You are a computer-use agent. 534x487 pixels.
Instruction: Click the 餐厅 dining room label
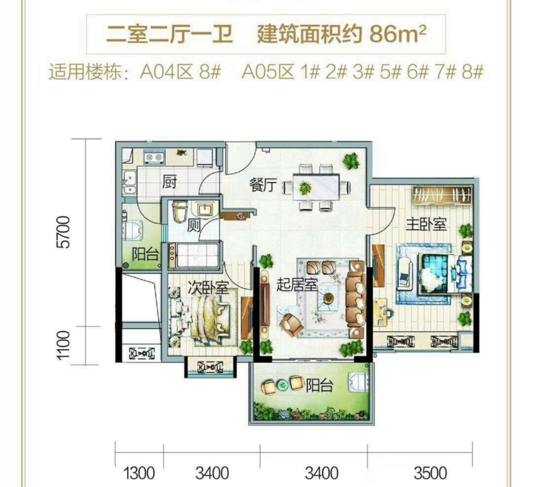[x=262, y=185]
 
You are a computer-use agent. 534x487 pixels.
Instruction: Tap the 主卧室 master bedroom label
[x=426, y=225]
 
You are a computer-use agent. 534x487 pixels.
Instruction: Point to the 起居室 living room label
[x=296, y=284]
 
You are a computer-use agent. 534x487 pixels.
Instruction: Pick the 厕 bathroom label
[x=194, y=225]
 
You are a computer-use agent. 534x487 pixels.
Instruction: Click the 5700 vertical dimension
[x=64, y=231]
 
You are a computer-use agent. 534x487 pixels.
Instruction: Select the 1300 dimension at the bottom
[x=139, y=473]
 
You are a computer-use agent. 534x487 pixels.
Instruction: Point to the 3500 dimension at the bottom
[x=430, y=473]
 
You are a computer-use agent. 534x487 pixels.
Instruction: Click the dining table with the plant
[x=316, y=187]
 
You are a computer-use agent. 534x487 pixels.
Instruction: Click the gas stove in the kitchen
[x=154, y=157]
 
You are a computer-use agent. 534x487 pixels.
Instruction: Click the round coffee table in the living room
[x=328, y=297]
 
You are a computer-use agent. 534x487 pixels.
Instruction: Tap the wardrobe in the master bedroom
[x=442, y=195]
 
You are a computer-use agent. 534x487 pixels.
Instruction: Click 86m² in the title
[x=397, y=34]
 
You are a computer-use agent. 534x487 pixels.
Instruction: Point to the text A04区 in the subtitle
[x=166, y=72]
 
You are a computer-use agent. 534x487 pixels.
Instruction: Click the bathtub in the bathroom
[x=194, y=255]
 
